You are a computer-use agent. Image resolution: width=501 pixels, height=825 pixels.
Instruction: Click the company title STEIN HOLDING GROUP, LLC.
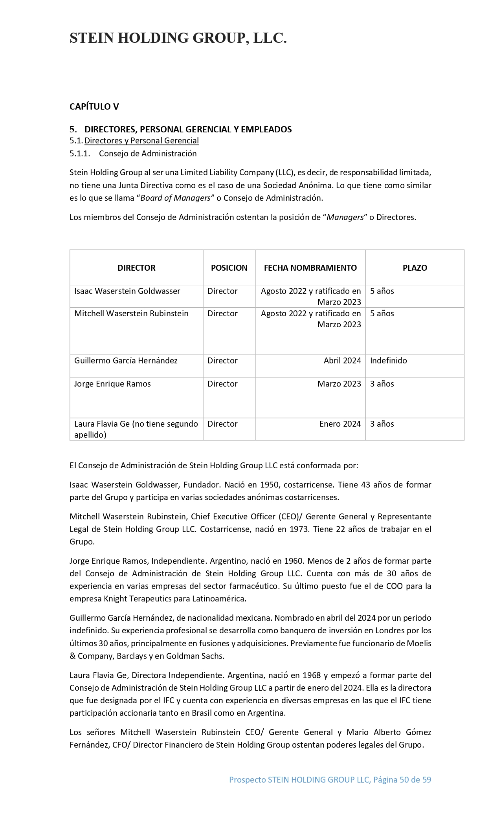[x=178, y=38]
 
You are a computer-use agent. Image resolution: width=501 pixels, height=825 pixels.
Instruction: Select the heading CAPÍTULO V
[x=94, y=106]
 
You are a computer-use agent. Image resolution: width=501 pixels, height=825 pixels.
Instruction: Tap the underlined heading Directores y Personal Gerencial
[x=141, y=141]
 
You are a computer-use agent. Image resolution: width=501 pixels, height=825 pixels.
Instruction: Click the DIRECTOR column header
[x=136, y=268]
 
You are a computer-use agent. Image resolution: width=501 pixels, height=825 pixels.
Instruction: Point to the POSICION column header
[x=229, y=268]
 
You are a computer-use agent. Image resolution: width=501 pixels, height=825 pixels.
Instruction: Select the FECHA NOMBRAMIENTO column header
[x=310, y=268]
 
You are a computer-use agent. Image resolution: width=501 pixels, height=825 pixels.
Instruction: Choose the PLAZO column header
[x=415, y=268]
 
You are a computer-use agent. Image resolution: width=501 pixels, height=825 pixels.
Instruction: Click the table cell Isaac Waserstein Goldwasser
[x=127, y=291]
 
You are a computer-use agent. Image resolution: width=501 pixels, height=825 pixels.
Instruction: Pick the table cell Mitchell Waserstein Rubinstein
[x=131, y=313]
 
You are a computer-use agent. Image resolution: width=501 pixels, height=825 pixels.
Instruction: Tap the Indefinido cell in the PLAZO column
[x=388, y=361]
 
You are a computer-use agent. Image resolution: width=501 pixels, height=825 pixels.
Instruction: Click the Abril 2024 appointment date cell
[x=342, y=361]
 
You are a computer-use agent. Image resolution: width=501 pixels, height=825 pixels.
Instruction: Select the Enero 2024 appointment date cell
[x=340, y=424]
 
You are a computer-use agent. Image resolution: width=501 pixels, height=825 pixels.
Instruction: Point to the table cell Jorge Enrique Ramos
[x=112, y=384]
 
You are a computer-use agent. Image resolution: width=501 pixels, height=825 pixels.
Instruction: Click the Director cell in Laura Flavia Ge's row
[x=222, y=424]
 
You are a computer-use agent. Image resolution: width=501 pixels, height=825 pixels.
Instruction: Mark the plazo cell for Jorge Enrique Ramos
[x=382, y=384]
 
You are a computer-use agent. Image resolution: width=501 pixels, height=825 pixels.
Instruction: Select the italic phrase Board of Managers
[x=175, y=198]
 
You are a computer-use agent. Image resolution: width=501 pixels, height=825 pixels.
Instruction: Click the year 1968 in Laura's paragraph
[x=311, y=675]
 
